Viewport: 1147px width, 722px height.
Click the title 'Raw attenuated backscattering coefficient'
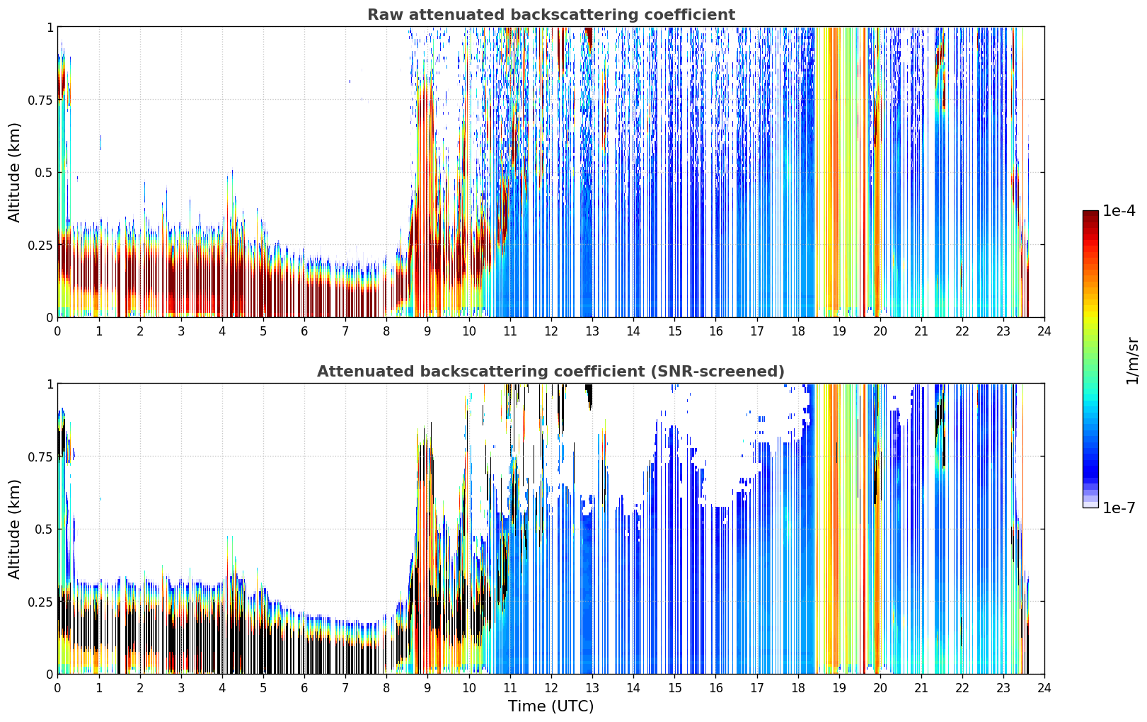pos(551,14)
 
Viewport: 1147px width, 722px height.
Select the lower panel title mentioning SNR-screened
pos(551,371)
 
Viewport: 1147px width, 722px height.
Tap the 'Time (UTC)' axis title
pos(551,706)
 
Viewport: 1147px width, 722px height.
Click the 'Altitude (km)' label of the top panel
pos(14,173)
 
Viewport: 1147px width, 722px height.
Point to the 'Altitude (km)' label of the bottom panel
pos(14,529)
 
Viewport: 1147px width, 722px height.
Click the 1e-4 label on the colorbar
pos(1119,210)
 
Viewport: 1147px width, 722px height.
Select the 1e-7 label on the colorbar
pos(1119,508)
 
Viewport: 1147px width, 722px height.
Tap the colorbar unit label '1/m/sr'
pos(1132,360)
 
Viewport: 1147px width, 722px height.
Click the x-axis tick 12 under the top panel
pos(551,331)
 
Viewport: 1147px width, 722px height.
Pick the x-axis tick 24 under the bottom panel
pos(1044,688)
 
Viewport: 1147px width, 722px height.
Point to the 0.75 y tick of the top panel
pos(40,100)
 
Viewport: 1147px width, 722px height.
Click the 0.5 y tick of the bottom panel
pos(44,529)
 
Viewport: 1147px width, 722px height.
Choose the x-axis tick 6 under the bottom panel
pos(304,688)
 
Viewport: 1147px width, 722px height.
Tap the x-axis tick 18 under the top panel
pos(797,331)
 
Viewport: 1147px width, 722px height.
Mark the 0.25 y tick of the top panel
pos(40,246)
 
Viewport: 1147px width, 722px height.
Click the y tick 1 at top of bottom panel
pos(50,384)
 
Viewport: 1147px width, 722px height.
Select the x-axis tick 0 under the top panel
pos(57,331)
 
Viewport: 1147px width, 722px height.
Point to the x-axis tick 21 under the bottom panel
pos(921,688)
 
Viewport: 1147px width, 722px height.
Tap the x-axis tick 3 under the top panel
pos(180,331)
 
